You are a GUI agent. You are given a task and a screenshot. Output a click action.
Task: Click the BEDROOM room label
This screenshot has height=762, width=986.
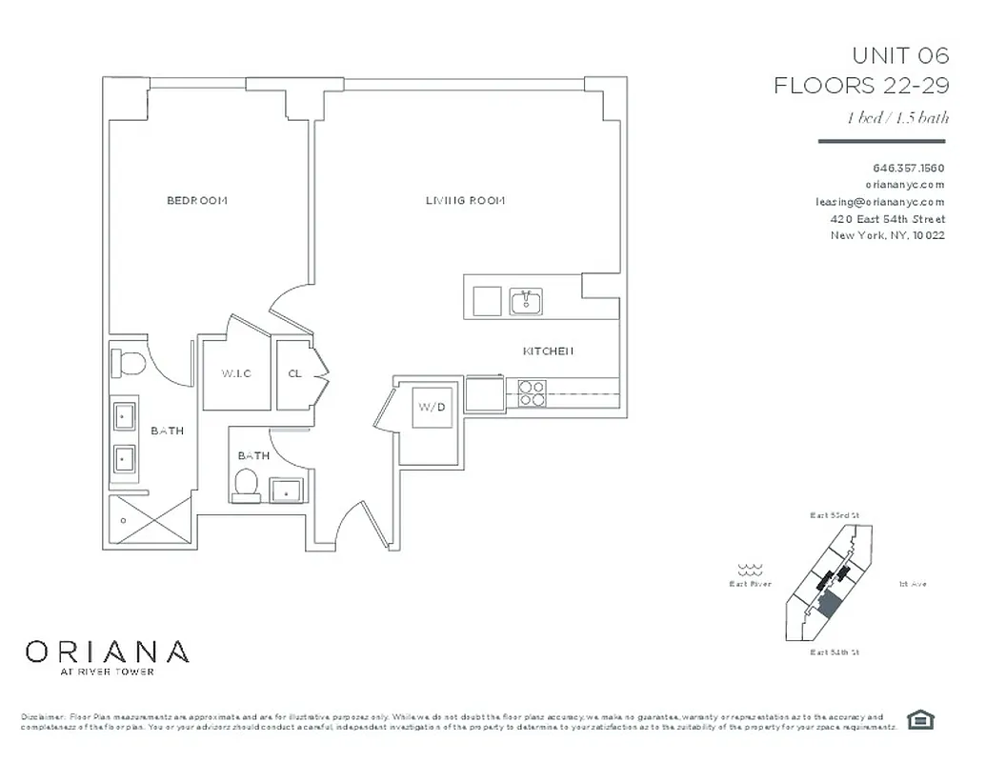tap(197, 200)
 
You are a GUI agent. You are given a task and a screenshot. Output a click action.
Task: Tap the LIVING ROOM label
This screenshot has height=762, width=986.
tap(465, 200)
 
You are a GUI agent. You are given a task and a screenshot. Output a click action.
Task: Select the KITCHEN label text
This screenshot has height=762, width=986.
tap(548, 351)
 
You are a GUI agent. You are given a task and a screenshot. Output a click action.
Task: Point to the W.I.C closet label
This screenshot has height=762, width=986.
tap(236, 373)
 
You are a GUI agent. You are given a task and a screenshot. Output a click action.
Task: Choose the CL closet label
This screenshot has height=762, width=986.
tap(295, 373)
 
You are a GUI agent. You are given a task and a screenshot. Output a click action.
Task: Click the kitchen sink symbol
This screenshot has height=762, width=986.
tap(526, 302)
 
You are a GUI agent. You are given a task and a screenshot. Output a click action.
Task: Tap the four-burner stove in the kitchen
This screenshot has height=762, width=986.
tap(531, 393)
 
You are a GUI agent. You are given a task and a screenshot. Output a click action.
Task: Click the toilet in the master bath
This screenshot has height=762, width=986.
tap(128, 363)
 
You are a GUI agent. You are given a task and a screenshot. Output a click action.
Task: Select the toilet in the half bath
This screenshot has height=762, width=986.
tap(247, 483)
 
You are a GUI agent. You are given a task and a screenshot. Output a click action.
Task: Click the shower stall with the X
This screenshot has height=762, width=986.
tap(151, 520)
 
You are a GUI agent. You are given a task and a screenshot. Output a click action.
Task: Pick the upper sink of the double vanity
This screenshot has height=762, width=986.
tap(125, 416)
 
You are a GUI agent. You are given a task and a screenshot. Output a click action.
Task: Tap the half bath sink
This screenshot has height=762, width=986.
tap(285, 491)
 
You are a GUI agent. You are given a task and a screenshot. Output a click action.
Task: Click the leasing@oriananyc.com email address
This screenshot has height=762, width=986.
tap(879, 202)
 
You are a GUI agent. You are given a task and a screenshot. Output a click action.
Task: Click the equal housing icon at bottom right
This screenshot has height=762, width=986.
tap(919, 718)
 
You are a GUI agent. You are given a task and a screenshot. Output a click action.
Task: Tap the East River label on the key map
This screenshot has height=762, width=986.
tap(750, 584)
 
